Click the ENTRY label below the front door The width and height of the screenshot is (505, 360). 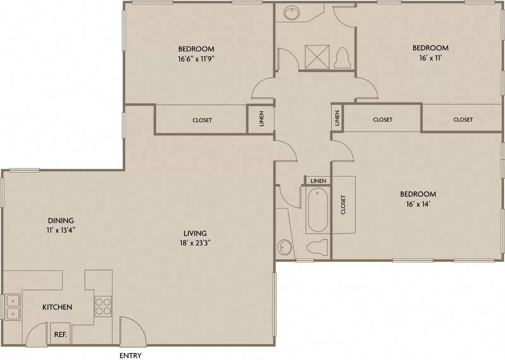click(131, 356)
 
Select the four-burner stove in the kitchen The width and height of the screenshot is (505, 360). click(103, 306)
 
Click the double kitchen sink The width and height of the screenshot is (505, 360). click(13, 307)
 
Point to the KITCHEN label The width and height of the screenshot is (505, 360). click(57, 307)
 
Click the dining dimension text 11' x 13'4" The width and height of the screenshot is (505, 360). click(61, 230)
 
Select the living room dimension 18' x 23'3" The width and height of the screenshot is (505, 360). click(195, 243)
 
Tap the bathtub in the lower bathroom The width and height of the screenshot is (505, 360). click(318, 210)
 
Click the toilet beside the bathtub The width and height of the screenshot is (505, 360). click(317, 248)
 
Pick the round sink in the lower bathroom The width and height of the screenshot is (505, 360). click(284, 248)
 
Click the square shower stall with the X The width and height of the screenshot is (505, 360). click(317, 57)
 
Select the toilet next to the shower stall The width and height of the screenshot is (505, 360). click(342, 58)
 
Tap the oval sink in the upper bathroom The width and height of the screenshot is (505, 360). click(292, 13)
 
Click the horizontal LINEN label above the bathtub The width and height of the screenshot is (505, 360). click(318, 181)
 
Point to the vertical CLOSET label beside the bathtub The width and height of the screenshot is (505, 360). click(343, 205)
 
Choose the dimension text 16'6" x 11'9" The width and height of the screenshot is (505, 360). click(196, 59)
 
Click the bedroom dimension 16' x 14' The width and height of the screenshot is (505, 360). click(418, 204)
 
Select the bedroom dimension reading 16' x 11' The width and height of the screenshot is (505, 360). click(431, 58)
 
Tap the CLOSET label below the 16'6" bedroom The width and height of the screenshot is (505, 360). click(202, 120)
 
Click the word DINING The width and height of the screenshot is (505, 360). click(61, 220)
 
